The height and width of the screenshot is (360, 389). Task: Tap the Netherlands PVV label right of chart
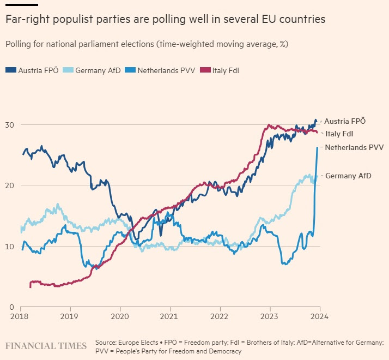click(355, 147)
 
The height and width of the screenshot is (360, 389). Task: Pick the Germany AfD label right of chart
click(349, 175)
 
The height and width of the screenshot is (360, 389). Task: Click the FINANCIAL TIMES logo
click(46, 346)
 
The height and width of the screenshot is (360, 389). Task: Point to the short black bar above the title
click(21, 5)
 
